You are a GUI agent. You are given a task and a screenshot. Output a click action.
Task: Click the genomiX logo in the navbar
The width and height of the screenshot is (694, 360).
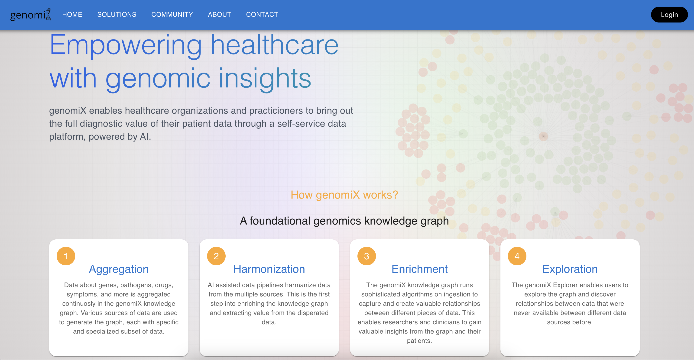(30, 15)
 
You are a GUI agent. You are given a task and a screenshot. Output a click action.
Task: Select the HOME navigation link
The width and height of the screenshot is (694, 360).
(72, 15)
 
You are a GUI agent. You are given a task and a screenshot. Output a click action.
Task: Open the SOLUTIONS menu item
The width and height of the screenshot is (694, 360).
(117, 15)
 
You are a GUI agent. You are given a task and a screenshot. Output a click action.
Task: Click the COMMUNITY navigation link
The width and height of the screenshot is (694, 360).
(172, 15)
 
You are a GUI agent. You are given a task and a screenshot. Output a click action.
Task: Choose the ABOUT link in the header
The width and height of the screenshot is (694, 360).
(220, 15)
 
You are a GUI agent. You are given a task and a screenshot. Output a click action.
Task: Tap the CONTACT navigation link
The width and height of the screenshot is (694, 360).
(262, 15)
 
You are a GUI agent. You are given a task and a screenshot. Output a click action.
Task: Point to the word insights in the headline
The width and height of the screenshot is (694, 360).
(265, 79)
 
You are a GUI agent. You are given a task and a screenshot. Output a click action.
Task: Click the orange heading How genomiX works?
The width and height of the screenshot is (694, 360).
(344, 195)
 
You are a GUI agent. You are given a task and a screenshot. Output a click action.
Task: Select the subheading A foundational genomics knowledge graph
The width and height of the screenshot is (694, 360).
(344, 221)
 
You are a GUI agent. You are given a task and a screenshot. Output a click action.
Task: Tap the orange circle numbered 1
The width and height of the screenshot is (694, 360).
(66, 256)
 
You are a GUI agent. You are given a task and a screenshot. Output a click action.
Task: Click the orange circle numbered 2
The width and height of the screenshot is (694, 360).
(216, 256)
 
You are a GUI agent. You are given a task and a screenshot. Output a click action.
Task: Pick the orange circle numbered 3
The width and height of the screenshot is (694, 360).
(366, 256)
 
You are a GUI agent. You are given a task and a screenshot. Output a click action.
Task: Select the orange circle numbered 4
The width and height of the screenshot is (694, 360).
(517, 256)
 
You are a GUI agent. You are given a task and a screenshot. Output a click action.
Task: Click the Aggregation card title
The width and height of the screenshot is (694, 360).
(119, 269)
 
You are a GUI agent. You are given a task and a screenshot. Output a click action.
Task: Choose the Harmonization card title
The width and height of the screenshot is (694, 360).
(269, 269)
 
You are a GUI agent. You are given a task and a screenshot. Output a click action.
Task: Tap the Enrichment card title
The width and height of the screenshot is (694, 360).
(419, 269)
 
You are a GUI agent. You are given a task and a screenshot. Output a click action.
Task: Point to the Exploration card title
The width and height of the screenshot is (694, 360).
(570, 269)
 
